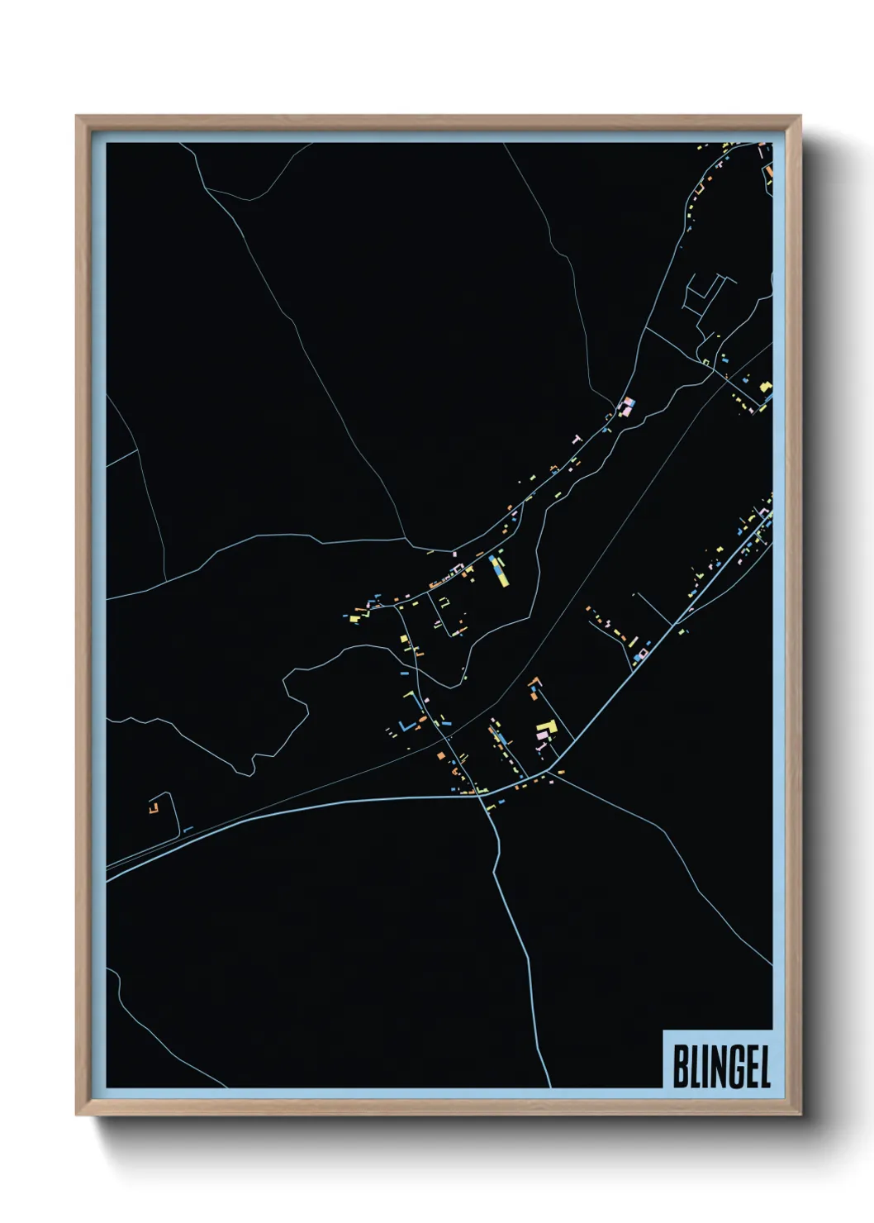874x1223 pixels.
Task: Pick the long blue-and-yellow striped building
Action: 498,569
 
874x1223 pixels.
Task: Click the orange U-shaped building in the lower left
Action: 153,804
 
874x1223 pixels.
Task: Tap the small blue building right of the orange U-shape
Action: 188,829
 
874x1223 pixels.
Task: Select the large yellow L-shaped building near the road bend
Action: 549,730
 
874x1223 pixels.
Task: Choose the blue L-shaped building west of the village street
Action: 404,726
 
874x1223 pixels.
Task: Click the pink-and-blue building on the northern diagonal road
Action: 628,406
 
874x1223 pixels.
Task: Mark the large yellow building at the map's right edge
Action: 766,387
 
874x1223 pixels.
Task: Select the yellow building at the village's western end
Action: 353,618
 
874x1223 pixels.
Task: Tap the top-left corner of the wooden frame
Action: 77,117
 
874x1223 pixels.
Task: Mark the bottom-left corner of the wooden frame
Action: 77,1115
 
